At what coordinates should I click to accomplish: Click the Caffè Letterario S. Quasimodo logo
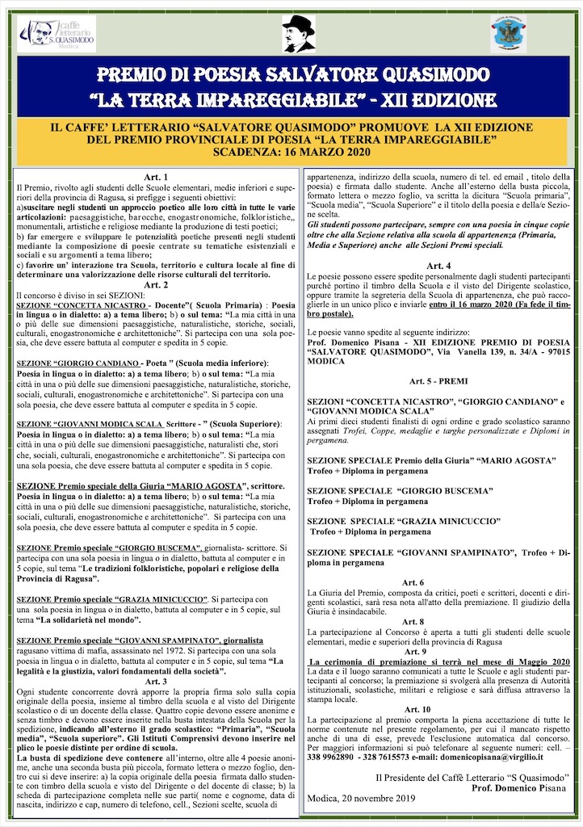pos(57,33)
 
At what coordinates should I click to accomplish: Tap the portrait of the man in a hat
pos(299,33)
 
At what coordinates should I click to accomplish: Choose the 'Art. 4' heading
pos(440,266)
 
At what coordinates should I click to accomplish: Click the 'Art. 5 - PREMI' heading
pos(440,380)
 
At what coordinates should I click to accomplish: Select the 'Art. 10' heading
pos(440,709)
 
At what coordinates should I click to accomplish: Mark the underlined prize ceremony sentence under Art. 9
pos(440,661)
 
